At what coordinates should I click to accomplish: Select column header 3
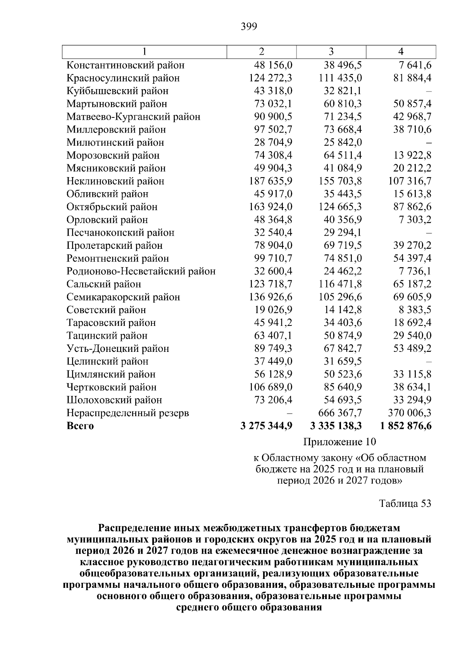331,52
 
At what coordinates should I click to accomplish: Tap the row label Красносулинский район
123,78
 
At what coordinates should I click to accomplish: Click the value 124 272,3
270,78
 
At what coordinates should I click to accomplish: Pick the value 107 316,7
410,181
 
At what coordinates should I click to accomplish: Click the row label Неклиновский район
115,181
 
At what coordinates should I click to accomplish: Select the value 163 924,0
270,207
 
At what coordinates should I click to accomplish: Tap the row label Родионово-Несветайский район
141,271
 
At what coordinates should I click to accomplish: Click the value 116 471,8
340,284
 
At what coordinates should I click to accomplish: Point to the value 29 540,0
412,336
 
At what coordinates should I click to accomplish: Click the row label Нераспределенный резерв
127,413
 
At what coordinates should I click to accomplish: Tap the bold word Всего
80,426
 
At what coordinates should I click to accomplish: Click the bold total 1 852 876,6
406,426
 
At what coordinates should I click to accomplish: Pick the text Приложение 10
339,442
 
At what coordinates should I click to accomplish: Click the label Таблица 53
405,503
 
